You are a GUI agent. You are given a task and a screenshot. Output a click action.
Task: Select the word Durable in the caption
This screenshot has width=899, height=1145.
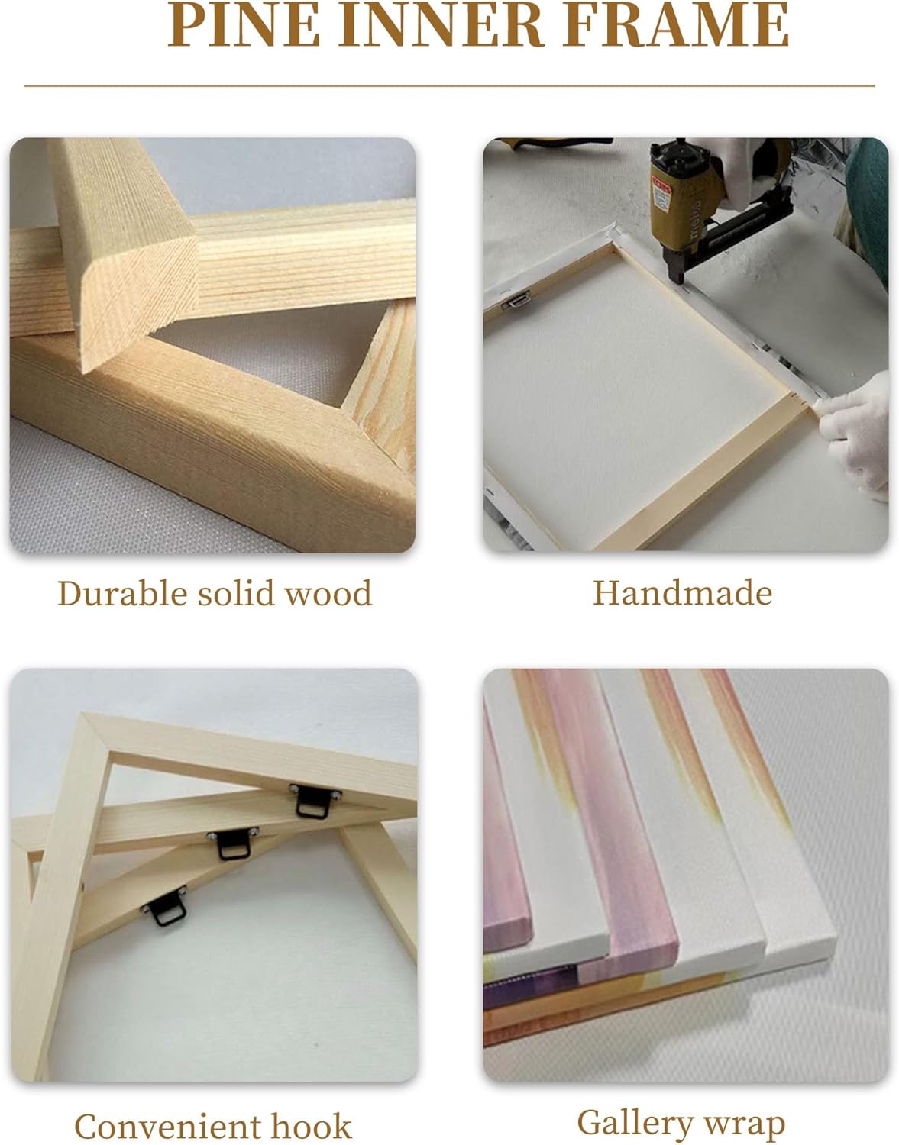122,593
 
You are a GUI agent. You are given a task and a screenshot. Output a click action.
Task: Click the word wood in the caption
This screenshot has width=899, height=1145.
329,593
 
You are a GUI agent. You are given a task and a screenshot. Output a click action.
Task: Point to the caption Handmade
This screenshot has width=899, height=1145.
683,593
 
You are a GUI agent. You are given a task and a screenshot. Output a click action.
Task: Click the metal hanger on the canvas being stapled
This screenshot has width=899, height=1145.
517,300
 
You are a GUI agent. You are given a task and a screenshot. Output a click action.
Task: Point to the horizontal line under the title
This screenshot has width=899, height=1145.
450,86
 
